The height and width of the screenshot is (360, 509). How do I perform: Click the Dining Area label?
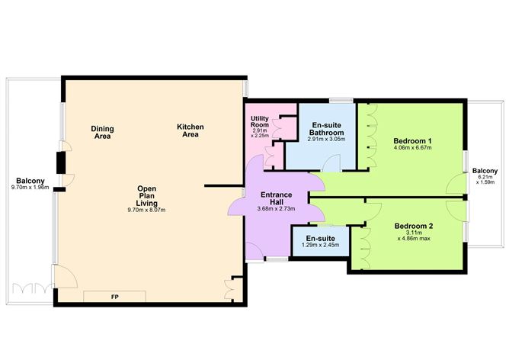(x=101, y=132)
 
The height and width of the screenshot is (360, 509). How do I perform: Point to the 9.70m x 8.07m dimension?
(x=147, y=210)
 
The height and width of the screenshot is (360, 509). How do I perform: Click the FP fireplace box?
(x=115, y=296)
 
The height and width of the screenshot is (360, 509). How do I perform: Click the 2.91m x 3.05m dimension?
(x=325, y=140)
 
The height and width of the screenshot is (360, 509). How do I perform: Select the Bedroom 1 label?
(x=413, y=141)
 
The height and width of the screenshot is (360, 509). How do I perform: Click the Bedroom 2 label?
(x=414, y=226)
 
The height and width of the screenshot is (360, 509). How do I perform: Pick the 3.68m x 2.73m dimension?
(x=276, y=210)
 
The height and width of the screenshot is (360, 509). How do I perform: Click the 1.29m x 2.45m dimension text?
(x=321, y=245)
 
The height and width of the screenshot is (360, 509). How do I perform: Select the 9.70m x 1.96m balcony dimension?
(x=30, y=188)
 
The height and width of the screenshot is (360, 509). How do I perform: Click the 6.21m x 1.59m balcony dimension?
(x=485, y=182)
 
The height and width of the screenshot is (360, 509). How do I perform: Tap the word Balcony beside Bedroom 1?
(x=485, y=170)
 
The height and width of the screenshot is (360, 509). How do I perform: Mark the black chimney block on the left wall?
(x=60, y=162)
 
